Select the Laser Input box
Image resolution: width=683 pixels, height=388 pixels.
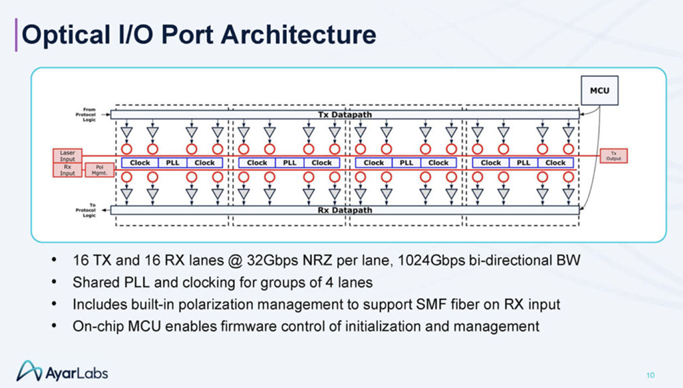pyautogui.click(x=68, y=155)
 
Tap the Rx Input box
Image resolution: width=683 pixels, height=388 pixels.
pyautogui.click(x=68, y=169)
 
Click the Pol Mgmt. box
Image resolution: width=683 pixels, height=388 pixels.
pyautogui.click(x=100, y=171)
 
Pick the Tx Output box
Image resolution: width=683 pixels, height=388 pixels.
pyautogui.click(x=613, y=155)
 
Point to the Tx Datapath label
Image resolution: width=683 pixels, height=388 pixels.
pyautogui.click(x=345, y=115)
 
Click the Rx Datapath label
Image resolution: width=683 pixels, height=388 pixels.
pyautogui.click(x=345, y=210)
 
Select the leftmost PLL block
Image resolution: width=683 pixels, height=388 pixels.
pyautogui.click(x=172, y=163)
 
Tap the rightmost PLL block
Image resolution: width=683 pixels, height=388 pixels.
pyautogui.click(x=523, y=163)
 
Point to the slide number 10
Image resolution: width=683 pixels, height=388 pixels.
pyautogui.click(x=650, y=374)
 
